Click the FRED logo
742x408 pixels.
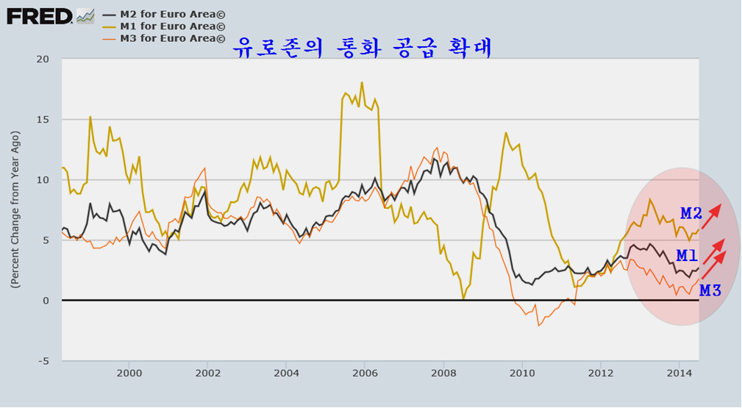[x=40, y=15]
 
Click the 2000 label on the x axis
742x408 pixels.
[x=129, y=373]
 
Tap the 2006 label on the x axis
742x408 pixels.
[x=365, y=373]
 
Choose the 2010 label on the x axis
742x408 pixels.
[x=522, y=373]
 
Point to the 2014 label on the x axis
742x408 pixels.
[x=679, y=373]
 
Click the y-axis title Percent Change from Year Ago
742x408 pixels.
[x=15, y=210]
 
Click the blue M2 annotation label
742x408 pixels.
[x=691, y=214]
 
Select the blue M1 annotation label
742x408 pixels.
[x=687, y=256]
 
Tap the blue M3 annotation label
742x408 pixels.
[x=710, y=290]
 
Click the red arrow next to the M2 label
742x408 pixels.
[x=711, y=216]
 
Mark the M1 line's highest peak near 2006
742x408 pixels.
[x=362, y=82]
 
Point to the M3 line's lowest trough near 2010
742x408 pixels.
[x=538, y=326]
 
